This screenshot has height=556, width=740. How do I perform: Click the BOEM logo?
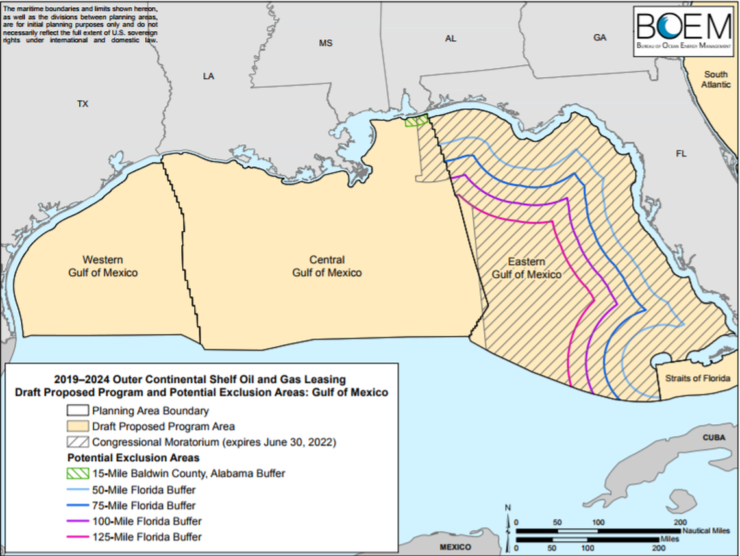point(685,32)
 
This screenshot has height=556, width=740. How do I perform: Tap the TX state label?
point(82,104)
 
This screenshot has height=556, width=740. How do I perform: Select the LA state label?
point(208,76)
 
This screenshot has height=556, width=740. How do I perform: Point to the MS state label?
point(325,44)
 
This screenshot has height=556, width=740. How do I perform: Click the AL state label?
point(450,39)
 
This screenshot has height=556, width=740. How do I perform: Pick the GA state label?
point(599,38)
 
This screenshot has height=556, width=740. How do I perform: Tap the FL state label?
point(681,154)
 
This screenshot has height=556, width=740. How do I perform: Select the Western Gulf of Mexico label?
point(103,266)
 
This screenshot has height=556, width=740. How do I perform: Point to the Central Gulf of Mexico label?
point(327,266)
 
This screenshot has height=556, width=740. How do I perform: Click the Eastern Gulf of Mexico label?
point(526,268)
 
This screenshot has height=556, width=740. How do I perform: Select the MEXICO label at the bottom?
point(455,547)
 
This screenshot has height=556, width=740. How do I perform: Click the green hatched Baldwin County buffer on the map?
point(417,121)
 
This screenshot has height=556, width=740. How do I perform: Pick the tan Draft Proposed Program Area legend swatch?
point(77,427)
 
